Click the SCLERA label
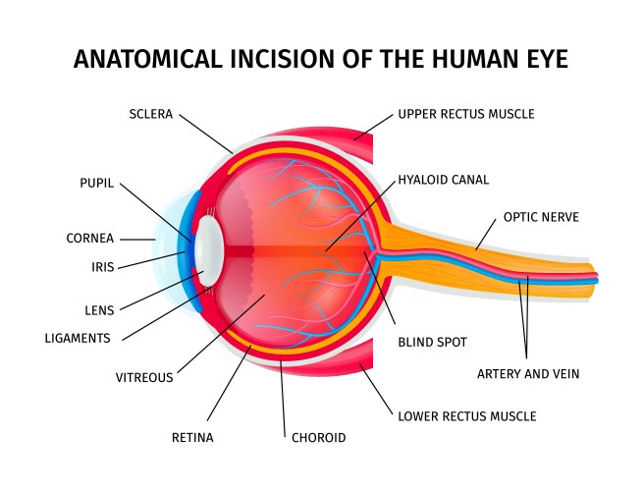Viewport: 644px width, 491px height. [150, 114]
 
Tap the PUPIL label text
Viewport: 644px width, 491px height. [97, 184]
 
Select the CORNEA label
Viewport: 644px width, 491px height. [90, 239]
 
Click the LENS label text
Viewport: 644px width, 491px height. [99, 310]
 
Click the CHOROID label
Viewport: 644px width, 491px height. [319, 438]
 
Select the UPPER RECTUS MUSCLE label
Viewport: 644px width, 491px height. [466, 114]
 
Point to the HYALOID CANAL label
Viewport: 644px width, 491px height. [443, 181]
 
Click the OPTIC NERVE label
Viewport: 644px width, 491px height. [541, 216]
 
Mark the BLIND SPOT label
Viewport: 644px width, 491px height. [432, 343]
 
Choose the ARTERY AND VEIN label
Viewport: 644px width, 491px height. [528, 374]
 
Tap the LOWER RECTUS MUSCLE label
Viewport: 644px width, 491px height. [467, 416]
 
